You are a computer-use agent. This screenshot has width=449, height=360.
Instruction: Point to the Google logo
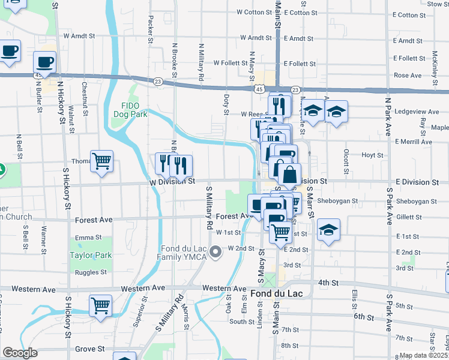[20, 353]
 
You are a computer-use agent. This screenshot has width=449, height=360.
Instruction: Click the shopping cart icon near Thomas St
[101, 161]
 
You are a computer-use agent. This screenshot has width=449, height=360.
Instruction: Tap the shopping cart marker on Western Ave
[100, 305]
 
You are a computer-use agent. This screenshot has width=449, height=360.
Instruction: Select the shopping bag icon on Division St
[289, 175]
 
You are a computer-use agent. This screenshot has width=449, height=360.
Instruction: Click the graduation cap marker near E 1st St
[328, 230]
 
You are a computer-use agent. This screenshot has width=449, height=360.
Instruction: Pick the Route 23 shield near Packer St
[158, 81]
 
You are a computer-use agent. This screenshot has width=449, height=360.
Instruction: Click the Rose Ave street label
[408, 76]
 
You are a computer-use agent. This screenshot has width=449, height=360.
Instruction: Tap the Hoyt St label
[372, 155]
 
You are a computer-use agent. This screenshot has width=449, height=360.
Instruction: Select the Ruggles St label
[91, 272]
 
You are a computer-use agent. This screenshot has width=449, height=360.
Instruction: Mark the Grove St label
[90, 349]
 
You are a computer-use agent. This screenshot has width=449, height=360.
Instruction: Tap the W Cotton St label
[254, 12]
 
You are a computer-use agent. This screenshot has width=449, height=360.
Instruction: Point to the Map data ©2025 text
[424, 355]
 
